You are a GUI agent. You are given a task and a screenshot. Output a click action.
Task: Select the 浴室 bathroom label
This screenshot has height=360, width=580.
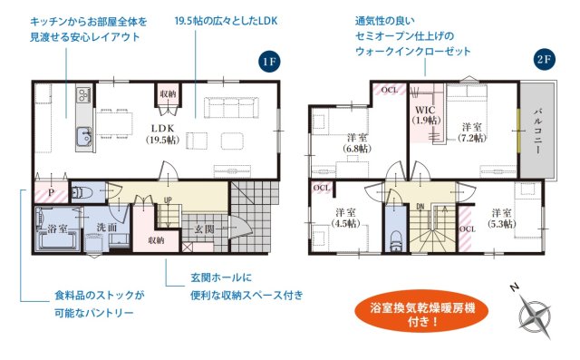coord(57,229)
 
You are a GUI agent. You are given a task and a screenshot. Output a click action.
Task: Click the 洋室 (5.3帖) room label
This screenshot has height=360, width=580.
coord(501,218)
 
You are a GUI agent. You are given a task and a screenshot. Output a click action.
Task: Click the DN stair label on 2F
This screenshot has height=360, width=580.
coord(420,206)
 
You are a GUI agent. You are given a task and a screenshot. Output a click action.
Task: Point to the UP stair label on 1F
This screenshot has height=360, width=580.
coord(168,200)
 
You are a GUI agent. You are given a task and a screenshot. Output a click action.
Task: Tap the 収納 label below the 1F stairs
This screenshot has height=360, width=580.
coord(155,240)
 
